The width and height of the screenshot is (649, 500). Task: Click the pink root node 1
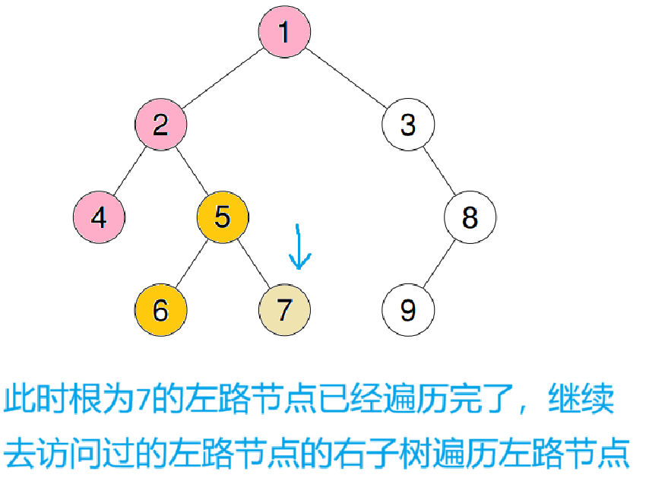(284, 33)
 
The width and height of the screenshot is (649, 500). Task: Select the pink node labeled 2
(160, 124)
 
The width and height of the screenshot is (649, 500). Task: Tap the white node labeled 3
(408, 124)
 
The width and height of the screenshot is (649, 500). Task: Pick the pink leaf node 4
(99, 217)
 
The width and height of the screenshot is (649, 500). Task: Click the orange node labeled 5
(222, 217)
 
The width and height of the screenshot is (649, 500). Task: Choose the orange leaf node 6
(160, 310)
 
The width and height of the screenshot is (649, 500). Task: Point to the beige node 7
(284, 310)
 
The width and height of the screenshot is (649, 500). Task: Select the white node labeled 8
(470, 217)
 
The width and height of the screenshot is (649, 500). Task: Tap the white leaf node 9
(408, 310)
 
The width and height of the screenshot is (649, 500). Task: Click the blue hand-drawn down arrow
(299, 247)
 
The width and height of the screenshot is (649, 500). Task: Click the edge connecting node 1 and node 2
(222, 78)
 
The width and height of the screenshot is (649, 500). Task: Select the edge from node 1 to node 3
(347, 78)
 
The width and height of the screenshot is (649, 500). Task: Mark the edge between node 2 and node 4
(129, 171)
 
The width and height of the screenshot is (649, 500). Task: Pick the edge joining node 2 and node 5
(192, 171)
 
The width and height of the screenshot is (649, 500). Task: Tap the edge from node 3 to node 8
(439, 171)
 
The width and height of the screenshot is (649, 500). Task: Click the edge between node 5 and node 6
(192, 264)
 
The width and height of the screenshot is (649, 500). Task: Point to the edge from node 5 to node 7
(253, 264)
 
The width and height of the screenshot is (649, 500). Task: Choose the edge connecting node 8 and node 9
(439, 264)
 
